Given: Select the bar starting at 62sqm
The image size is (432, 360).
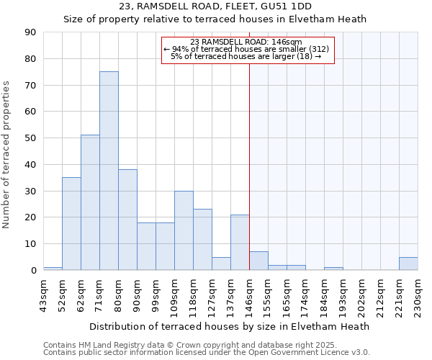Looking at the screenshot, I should point(90,202).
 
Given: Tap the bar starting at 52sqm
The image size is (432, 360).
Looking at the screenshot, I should point(71,223).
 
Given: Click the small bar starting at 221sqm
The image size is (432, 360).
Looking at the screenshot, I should point(408,264).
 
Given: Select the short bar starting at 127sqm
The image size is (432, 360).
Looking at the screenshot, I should point(221,264).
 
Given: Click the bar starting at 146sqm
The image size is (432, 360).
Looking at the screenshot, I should point(258,261).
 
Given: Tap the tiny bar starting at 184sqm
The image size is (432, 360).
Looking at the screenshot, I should point(333,269).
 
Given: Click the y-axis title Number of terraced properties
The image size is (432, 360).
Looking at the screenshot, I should point(7,154).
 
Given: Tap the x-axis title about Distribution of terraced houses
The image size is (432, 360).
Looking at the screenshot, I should point(230,326).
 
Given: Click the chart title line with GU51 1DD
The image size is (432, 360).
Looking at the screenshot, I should point(215,7).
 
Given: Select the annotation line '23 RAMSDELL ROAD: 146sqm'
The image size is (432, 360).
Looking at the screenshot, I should point(248,42).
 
